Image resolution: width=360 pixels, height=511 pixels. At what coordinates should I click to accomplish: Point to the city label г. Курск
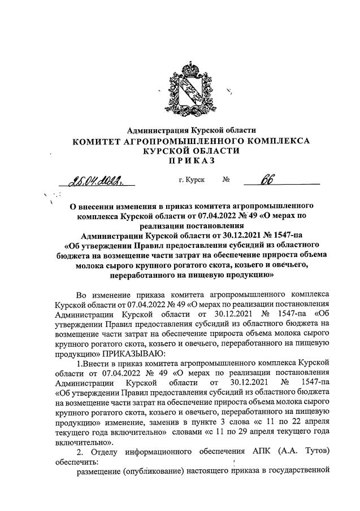tap(191, 181)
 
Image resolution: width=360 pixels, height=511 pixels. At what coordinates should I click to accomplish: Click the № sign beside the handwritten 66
tap(225, 181)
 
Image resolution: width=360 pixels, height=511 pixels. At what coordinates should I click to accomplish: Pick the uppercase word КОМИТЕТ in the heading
tap(101, 141)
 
